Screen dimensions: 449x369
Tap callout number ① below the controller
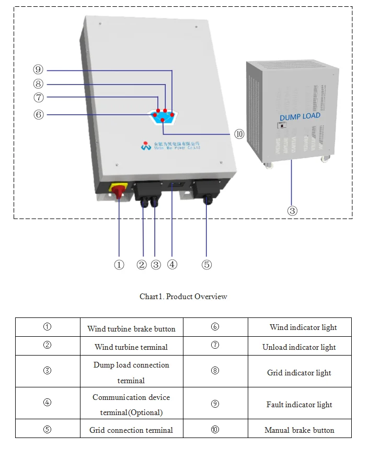pos(119,265)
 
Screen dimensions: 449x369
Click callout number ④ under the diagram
pos(172,265)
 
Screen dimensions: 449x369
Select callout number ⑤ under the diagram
pos(207,265)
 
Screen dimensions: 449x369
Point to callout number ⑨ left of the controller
pos(38,70)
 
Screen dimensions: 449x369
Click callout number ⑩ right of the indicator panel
pos(239,134)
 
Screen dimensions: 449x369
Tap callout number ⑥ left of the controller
pos(38,114)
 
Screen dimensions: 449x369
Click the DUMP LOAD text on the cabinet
pos(299,116)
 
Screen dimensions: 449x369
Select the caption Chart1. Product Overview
pos(183,297)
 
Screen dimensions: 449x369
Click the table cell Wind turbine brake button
pos(131,329)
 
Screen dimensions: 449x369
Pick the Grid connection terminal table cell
pos(131,430)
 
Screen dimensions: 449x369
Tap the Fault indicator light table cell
pos(299,405)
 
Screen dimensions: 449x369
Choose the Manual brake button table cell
pos(299,430)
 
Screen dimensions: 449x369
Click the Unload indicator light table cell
pos(299,347)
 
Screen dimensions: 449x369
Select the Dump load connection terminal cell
pos(131,372)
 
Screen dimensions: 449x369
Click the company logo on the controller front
pos(146,146)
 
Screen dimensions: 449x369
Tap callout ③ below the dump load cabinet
pos(293,211)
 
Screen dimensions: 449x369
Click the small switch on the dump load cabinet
pos(282,126)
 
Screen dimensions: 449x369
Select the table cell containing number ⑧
pos(215,371)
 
